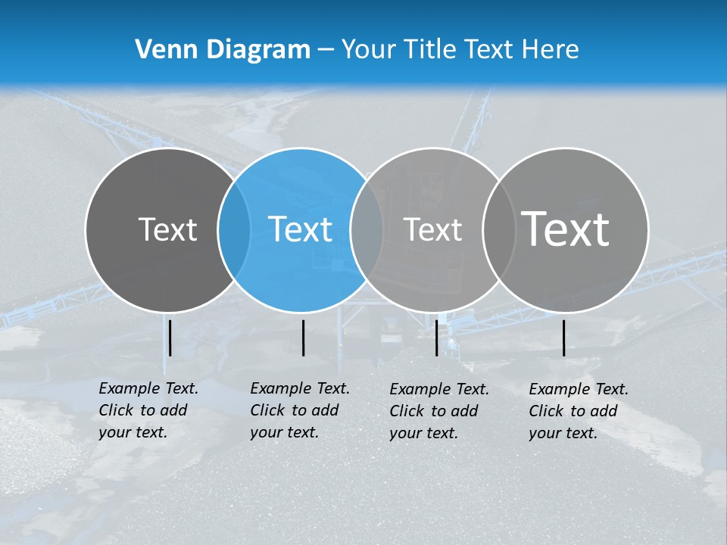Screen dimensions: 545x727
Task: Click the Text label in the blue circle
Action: tap(301, 229)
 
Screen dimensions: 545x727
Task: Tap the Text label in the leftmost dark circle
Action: tap(167, 229)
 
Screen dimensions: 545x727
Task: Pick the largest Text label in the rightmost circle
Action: tap(566, 229)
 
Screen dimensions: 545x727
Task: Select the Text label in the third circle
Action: tap(433, 229)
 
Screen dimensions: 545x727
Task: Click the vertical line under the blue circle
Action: tap(303, 338)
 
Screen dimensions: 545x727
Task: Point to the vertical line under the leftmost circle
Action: tap(170, 338)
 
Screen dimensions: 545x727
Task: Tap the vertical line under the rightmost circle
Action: tap(564, 338)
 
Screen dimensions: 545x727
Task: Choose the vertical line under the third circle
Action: tap(437, 338)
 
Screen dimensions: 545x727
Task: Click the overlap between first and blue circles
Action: tap(234, 229)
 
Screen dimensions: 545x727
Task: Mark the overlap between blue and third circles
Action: tap(367, 229)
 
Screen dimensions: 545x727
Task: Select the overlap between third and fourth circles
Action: tap(499, 229)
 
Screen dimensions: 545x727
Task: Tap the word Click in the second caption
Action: tap(267, 410)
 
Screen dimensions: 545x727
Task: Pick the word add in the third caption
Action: tap(463, 411)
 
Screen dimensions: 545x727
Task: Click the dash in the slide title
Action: tap(326, 51)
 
